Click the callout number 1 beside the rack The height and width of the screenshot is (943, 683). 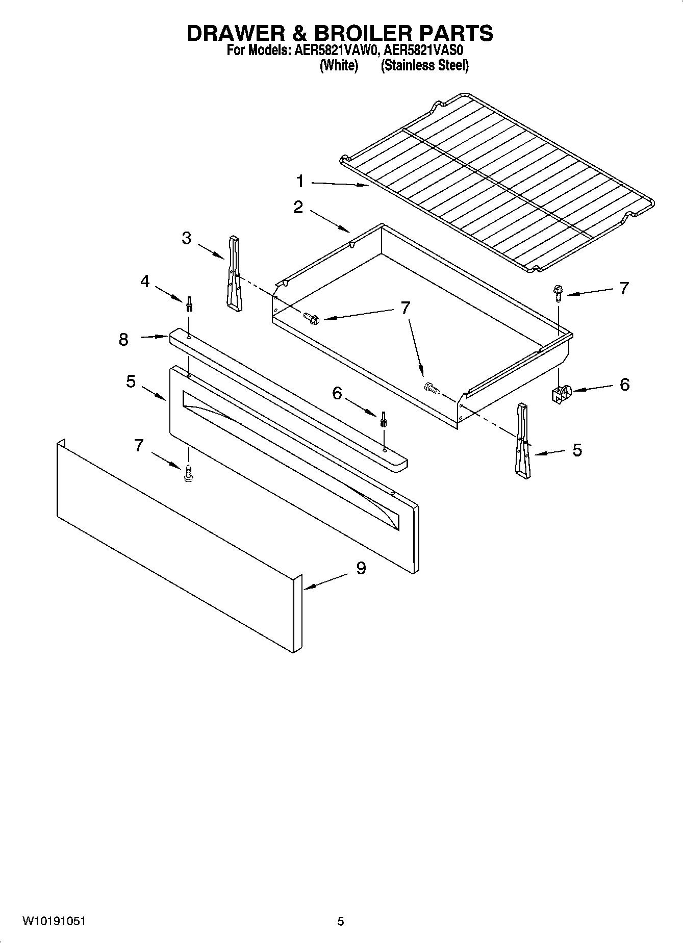(x=300, y=181)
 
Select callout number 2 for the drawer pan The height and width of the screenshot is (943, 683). (x=298, y=207)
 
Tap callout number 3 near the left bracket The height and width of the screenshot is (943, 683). (x=187, y=238)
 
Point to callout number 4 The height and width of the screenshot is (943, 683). (x=145, y=281)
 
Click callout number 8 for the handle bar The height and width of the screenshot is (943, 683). (x=123, y=339)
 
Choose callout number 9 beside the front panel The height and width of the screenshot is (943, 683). (x=361, y=568)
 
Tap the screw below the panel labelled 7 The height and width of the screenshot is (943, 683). (x=188, y=473)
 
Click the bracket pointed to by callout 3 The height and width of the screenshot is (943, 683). (x=234, y=273)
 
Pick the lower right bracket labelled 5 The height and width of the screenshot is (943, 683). (x=523, y=442)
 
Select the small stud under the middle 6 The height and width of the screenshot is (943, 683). (x=383, y=420)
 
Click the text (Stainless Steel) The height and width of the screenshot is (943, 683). (x=424, y=65)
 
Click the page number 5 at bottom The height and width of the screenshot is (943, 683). (x=341, y=921)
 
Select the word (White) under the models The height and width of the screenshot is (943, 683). (x=339, y=65)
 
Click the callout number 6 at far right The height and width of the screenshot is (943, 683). (x=625, y=384)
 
